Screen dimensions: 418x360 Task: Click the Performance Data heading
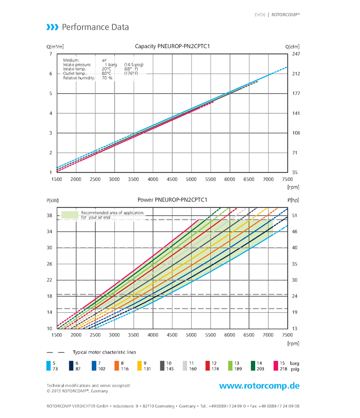click(x=95, y=28)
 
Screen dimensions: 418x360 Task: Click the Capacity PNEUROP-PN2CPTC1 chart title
click(x=172, y=46)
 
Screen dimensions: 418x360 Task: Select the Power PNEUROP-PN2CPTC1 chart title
click(x=172, y=200)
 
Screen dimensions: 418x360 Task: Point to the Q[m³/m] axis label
click(x=55, y=46)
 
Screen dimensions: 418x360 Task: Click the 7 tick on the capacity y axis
click(x=51, y=54)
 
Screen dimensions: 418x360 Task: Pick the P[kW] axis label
click(x=53, y=200)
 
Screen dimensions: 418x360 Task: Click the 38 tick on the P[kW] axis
click(x=49, y=216)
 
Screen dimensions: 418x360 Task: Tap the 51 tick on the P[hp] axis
click(x=294, y=216)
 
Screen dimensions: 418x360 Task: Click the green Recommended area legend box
click(x=70, y=215)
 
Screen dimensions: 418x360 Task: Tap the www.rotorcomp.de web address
click(x=259, y=386)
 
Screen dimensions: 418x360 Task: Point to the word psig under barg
click(x=295, y=369)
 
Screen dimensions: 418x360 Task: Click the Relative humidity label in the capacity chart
click(x=79, y=78)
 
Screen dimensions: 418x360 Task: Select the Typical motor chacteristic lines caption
click(x=104, y=352)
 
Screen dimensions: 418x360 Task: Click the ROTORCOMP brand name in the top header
click(x=286, y=14)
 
